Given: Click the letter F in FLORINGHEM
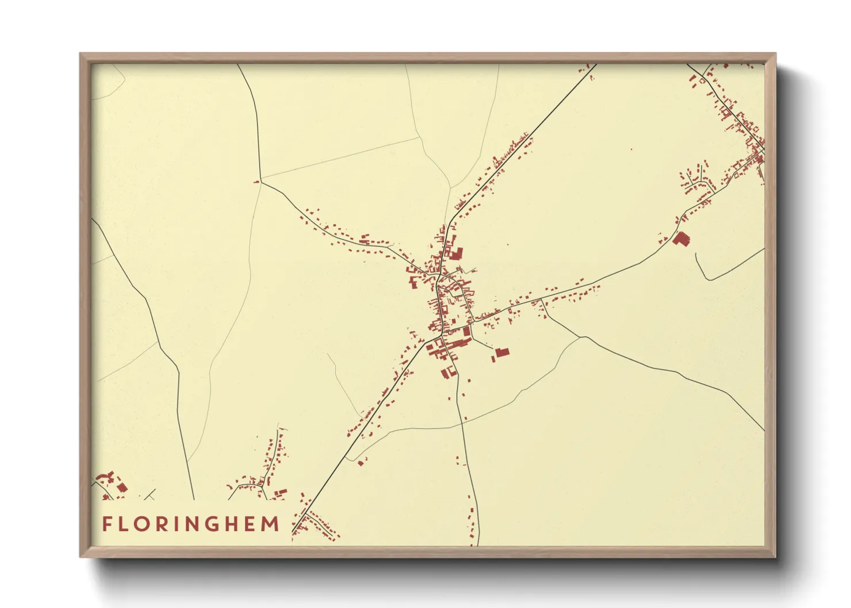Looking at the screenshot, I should coord(107,524).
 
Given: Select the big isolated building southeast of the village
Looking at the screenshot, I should coord(502,352).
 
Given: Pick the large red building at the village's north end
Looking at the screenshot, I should coord(455,253).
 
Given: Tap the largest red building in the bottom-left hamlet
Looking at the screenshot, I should coord(122,487).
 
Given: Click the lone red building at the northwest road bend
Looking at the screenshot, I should coord(256,182).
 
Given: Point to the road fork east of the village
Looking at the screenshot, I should coord(541,300).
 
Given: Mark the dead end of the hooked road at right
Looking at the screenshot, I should coord(696,254).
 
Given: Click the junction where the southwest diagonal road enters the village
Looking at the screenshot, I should coord(427,343).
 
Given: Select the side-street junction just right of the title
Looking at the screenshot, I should coord(302,516).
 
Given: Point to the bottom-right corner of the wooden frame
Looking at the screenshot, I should coord(775,556).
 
